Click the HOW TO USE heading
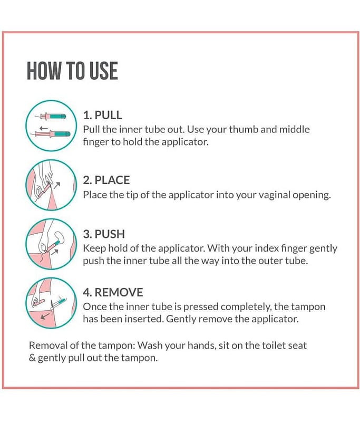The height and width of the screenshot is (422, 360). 72,71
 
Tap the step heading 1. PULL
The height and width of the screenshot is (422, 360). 102,115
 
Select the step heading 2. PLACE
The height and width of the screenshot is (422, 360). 106,180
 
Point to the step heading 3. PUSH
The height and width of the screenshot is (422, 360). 104,234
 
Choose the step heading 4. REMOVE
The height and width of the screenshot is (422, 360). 113,292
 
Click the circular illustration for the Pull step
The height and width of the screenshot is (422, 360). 51,126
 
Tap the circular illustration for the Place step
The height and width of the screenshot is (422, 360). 51,185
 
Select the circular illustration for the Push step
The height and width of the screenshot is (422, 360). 51,244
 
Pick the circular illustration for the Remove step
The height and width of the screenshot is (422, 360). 51,303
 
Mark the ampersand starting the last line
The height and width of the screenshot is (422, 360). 32,358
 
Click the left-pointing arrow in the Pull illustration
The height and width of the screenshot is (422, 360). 44,128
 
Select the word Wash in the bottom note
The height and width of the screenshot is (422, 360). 150,346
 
